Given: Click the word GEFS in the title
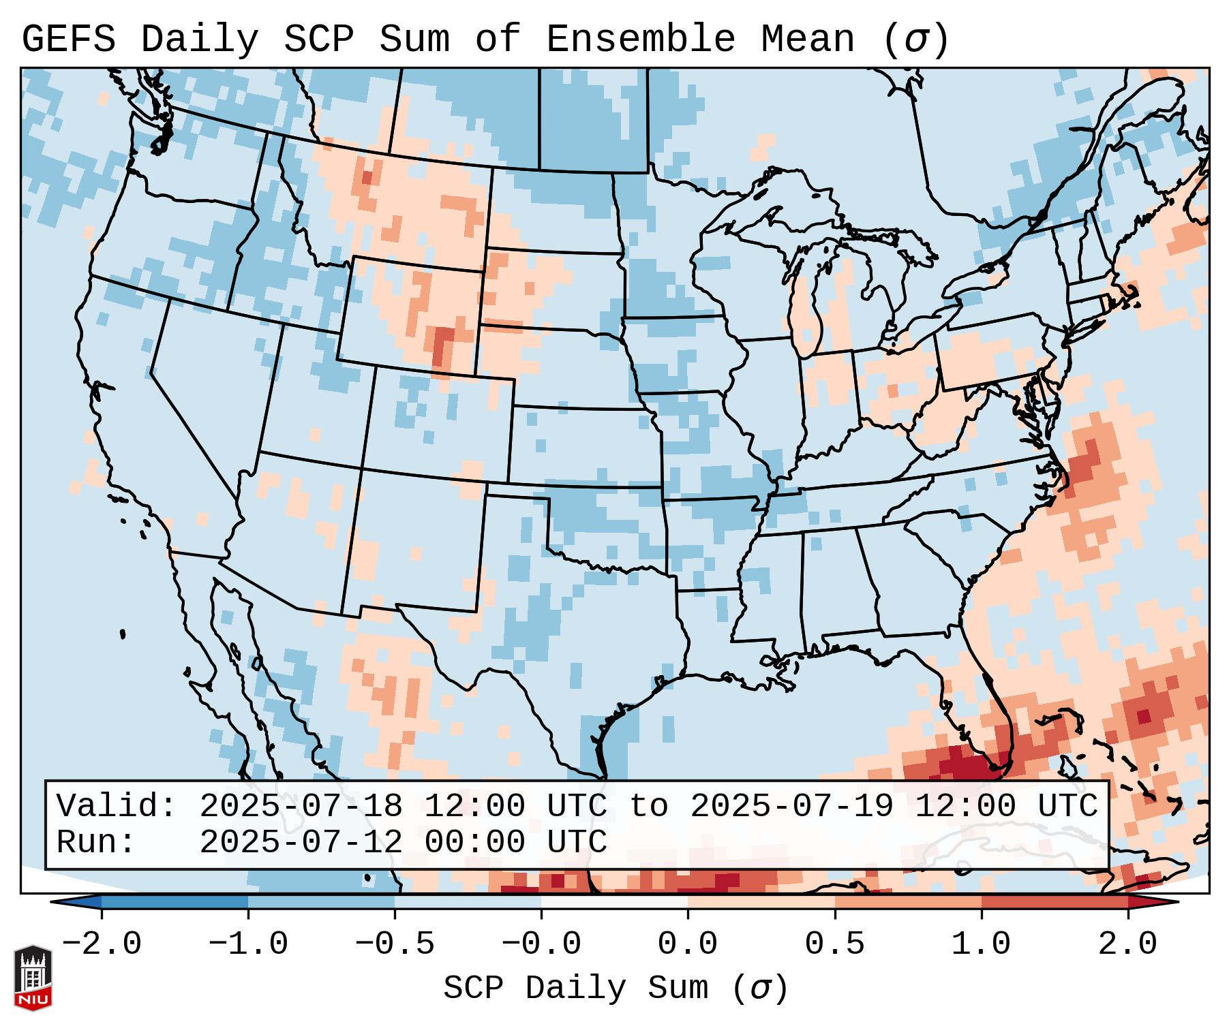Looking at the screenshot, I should point(68,40).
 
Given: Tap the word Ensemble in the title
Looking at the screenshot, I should point(640,40).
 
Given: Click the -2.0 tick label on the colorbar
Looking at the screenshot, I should point(102,944).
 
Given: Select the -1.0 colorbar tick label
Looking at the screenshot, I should point(248,944).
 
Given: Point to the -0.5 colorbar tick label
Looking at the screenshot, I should point(395,944).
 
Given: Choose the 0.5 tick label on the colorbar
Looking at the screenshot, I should point(834,944).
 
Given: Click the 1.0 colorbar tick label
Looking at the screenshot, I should point(981,944).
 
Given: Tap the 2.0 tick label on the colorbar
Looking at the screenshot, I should point(1127,944).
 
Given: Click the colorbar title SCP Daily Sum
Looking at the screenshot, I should point(576,988).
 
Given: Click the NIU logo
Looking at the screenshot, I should point(33,978).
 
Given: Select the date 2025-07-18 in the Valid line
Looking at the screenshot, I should point(301,807).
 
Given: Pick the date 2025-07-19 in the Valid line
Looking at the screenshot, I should point(791,807).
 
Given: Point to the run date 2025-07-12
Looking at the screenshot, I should point(301,842).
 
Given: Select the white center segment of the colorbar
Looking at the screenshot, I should point(614,901).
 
